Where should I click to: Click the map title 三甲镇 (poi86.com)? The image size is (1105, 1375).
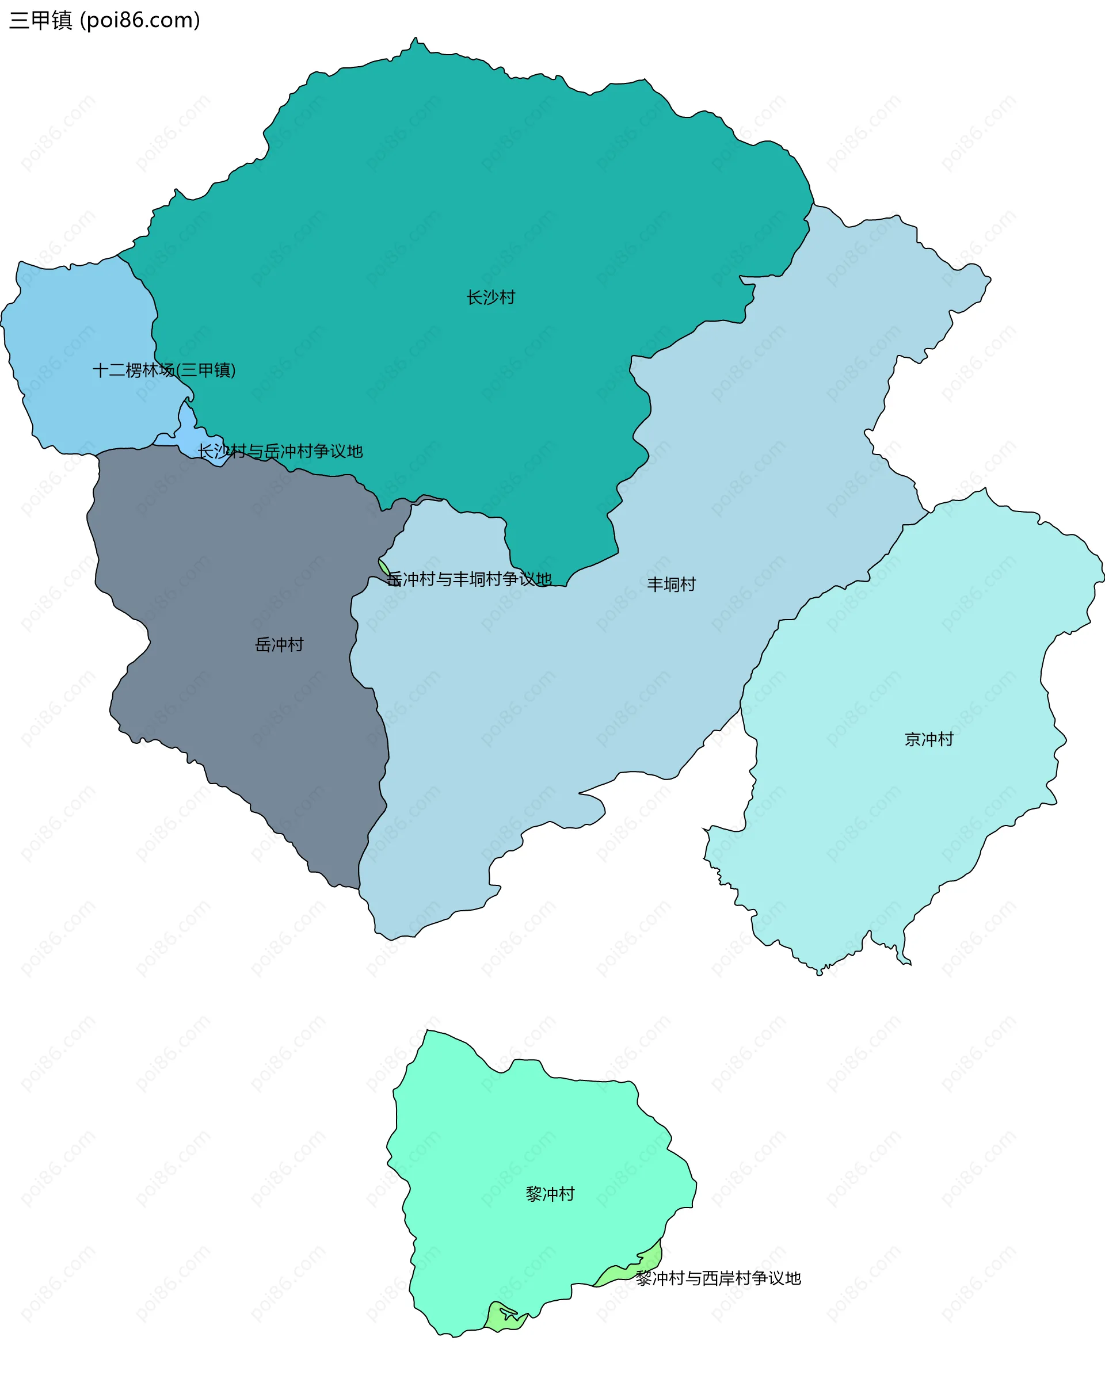point(105,20)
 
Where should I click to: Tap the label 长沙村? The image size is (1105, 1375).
point(490,297)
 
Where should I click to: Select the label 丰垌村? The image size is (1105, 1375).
point(671,584)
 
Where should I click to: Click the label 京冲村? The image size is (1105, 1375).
point(928,739)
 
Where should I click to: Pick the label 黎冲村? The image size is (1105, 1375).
point(550,1194)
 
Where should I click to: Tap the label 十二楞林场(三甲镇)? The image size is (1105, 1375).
point(164,370)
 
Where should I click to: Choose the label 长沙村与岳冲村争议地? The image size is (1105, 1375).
point(280,451)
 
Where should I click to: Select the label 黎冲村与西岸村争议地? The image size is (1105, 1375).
point(718,1278)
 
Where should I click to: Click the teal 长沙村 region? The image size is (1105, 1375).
point(447,192)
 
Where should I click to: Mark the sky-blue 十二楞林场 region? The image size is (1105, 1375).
point(77,331)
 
